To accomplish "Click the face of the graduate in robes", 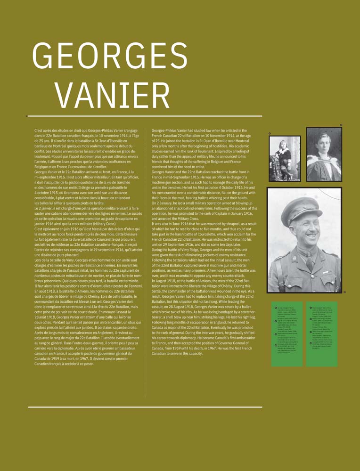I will point(324,144).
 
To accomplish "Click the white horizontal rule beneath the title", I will point(145,115).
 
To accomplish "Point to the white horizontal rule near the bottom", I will point(145,406).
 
